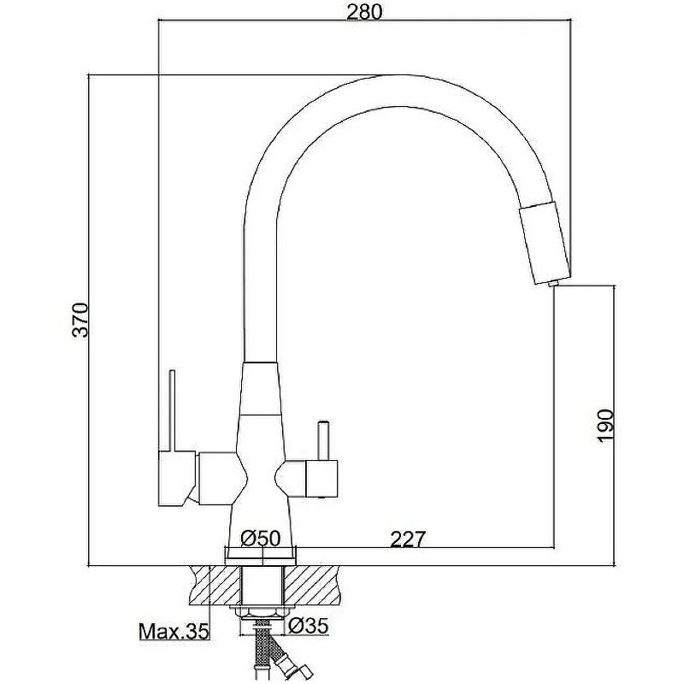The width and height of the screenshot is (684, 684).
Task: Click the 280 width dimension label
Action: tap(364, 12)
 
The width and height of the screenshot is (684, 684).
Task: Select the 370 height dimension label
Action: tap(80, 320)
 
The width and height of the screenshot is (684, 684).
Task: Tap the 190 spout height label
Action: tap(605, 426)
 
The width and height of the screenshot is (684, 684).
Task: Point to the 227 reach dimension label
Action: tap(407, 540)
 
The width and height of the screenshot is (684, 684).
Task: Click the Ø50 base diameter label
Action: tap(261, 538)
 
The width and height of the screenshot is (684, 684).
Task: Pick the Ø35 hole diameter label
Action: tap(308, 626)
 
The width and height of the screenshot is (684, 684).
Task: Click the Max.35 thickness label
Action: tap(174, 631)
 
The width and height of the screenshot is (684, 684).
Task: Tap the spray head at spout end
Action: tap(545, 242)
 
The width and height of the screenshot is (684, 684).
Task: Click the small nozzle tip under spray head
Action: tap(552, 284)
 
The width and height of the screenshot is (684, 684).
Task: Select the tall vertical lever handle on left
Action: tap(172, 410)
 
